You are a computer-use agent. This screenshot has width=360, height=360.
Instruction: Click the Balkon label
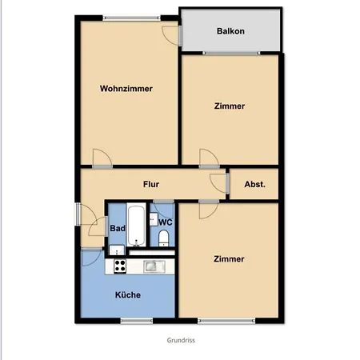tap(230, 31)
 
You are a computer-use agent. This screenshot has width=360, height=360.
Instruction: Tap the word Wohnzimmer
tap(126, 89)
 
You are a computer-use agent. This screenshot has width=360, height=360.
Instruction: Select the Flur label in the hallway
tap(151, 184)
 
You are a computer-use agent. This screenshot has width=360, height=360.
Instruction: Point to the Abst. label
tap(254, 184)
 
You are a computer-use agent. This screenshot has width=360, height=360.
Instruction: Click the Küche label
tap(128, 294)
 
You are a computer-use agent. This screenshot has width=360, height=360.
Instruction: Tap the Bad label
tap(118, 228)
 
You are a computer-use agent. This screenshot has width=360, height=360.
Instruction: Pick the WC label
tap(166, 222)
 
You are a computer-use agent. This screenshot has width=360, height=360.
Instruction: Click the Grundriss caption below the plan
tap(181, 340)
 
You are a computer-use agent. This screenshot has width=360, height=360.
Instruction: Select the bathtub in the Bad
tap(136, 226)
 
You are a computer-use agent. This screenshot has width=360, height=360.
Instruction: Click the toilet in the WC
tap(163, 238)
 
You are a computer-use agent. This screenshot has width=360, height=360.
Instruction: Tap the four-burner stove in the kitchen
tap(120, 266)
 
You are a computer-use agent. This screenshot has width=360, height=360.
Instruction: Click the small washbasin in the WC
tap(154, 219)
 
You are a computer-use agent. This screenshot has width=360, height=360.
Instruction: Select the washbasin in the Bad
tap(117, 250)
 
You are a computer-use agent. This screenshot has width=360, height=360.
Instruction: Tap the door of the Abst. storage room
tap(219, 183)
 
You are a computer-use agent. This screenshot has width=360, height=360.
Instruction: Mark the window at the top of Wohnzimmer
tap(132, 18)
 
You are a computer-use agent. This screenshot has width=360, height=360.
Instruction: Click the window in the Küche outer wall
tap(137, 321)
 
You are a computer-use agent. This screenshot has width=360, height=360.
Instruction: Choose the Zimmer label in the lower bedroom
tap(229, 259)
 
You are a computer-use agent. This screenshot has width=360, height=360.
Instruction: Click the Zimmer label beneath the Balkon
tap(230, 106)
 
